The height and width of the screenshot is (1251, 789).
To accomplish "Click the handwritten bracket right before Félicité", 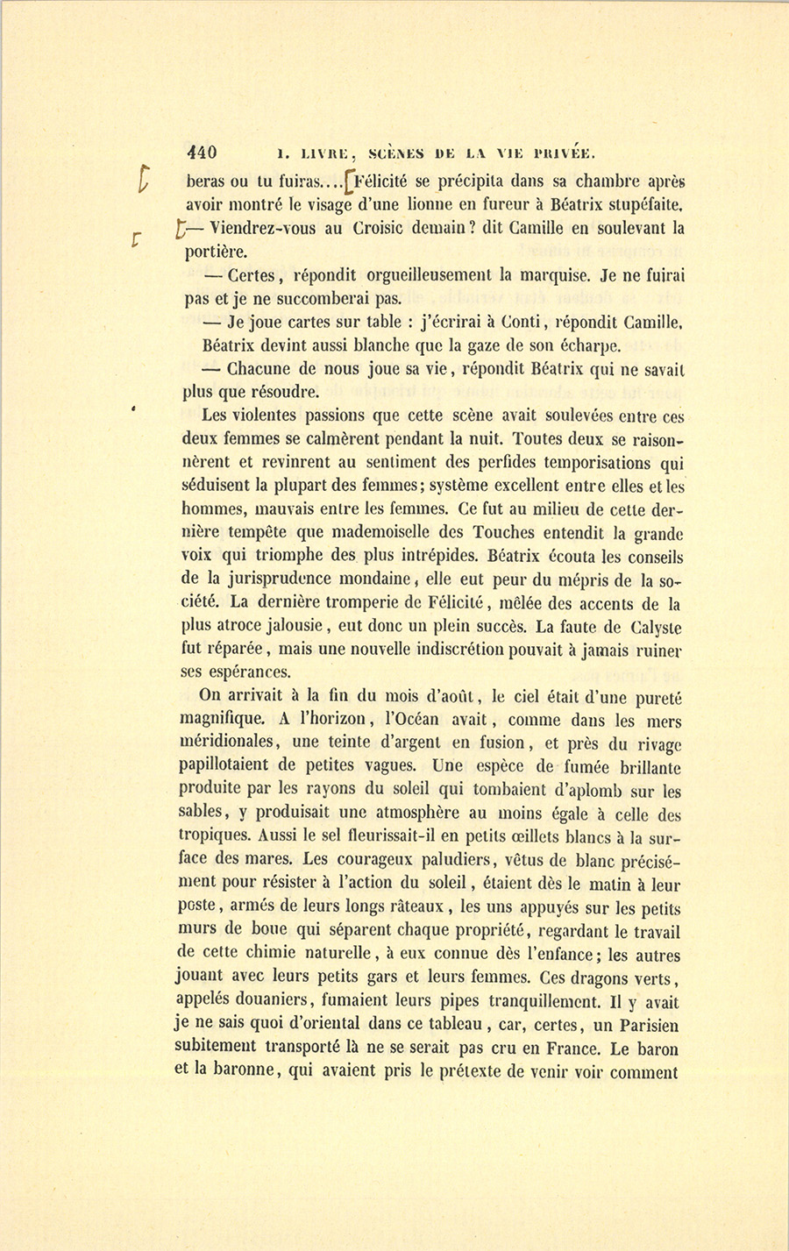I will click(x=350, y=183).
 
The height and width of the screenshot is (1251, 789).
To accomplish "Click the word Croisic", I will click(x=359, y=229).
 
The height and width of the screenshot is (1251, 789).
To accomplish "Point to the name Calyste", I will click(x=655, y=628).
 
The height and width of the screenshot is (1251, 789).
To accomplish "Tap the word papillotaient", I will click(x=233, y=767).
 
